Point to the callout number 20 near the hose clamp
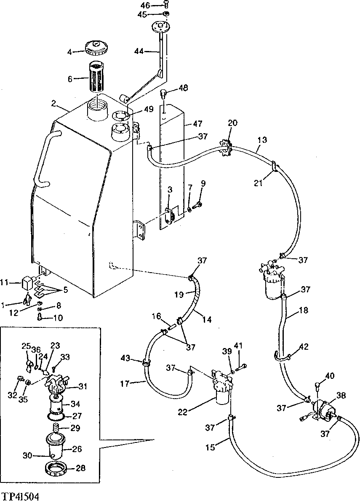(x=232, y=123)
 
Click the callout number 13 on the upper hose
(x=262, y=139)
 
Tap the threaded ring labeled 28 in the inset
(x=56, y=468)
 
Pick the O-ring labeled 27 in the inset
(x=57, y=416)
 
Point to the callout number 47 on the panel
(x=197, y=124)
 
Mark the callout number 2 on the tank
(x=53, y=103)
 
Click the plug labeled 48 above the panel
(x=165, y=93)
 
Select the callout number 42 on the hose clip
(x=304, y=347)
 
